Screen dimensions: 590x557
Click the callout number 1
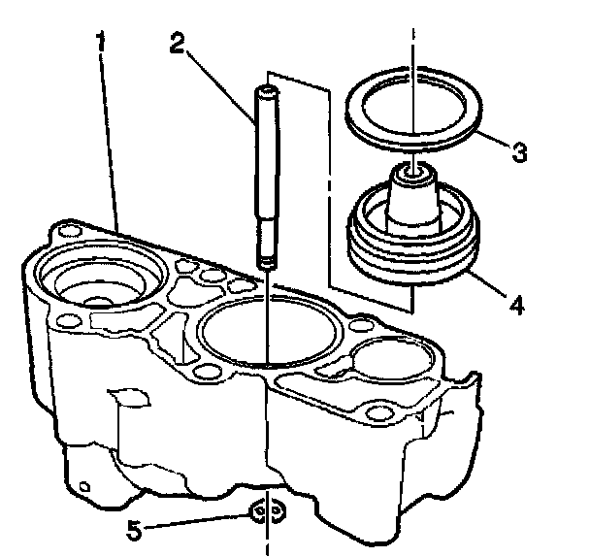pos(101,42)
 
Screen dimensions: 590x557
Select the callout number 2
pos(178,43)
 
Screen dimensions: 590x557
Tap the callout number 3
pos(519,152)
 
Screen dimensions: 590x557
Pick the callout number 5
pos(134,531)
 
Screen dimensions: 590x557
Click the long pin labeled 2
pos(267,177)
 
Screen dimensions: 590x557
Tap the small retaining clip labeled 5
pos(267,512)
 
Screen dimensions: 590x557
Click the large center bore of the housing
pos(270,327)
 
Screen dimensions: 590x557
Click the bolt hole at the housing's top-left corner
pos(70,230)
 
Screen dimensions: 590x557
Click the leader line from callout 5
pos(196,521)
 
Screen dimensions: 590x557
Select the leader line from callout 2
pos(221,86)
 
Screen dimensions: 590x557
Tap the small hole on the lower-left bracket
pos(85,486)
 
